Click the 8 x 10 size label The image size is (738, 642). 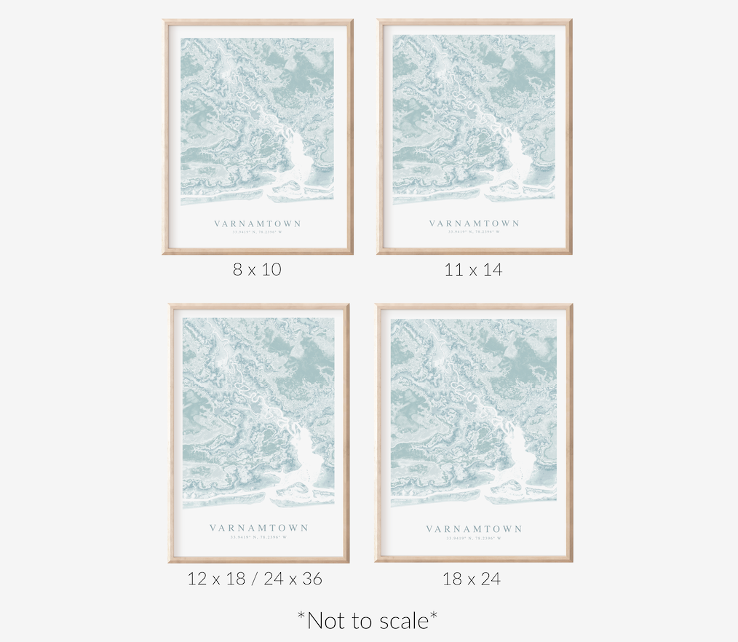pos(257,269)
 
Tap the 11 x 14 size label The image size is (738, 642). pos(473,270)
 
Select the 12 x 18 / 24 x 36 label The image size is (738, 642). pos(255,579)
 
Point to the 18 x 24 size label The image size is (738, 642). pos(472,579)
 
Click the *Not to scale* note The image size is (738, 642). pos(368,620)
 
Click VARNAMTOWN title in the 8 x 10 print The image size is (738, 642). pos(257,223)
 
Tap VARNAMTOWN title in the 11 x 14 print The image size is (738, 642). pos(474,223)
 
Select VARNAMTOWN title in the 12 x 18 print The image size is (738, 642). pos(259,528)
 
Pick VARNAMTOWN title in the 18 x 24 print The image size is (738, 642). pos(474,529)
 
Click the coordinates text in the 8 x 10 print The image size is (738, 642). pos(257,232)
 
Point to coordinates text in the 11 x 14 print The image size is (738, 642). pos(474,232)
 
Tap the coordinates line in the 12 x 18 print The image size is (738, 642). pos(259,537)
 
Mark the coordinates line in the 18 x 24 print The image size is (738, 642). pos(474,539)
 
